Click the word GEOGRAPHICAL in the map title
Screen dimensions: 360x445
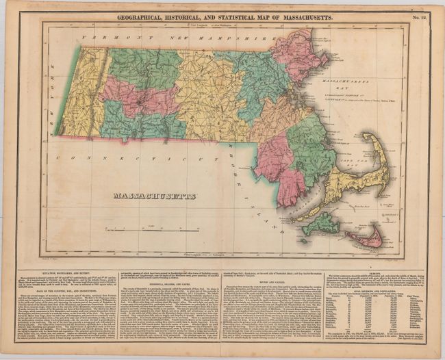[149, 15]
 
